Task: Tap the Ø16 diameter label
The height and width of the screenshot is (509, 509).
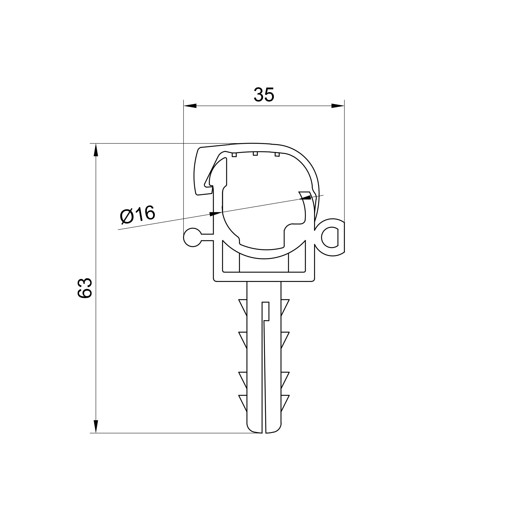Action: point(137,215)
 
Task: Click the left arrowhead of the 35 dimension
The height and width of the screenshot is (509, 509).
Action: point(190,106)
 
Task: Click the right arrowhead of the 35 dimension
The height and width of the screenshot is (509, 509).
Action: point(337,106)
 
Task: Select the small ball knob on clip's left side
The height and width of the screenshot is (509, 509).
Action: point(193,237)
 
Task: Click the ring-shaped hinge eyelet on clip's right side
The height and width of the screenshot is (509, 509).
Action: point(330,238)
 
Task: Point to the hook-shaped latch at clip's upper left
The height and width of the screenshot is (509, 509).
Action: point(203,174)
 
